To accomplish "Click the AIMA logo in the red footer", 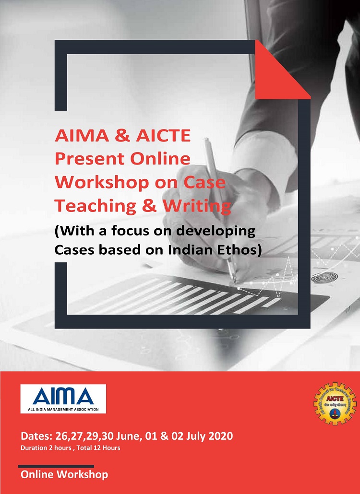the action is pos(63,399).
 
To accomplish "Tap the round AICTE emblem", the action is pos(335,403).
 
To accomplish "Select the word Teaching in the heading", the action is pos(96,206).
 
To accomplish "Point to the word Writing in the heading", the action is pos(197,206).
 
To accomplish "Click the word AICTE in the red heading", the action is pos(164,135).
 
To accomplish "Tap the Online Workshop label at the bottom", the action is pos(64,474).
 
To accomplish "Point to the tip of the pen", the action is pos(235,282).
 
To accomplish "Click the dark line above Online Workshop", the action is pos(56,466).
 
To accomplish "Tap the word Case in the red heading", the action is pos(205,183).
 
